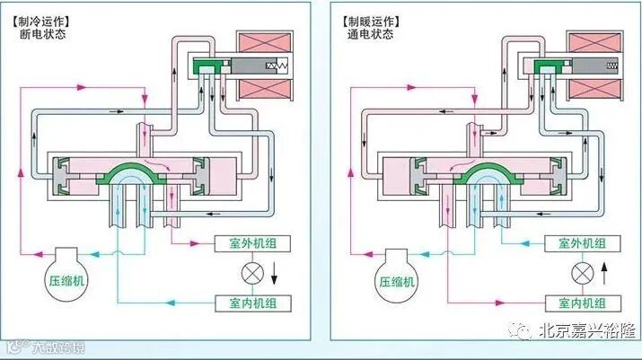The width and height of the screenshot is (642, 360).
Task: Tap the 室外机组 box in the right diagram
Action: (582, 243)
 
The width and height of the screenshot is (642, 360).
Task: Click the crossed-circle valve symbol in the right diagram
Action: (580, 272)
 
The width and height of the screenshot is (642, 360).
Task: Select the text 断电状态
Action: (49, 35)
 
